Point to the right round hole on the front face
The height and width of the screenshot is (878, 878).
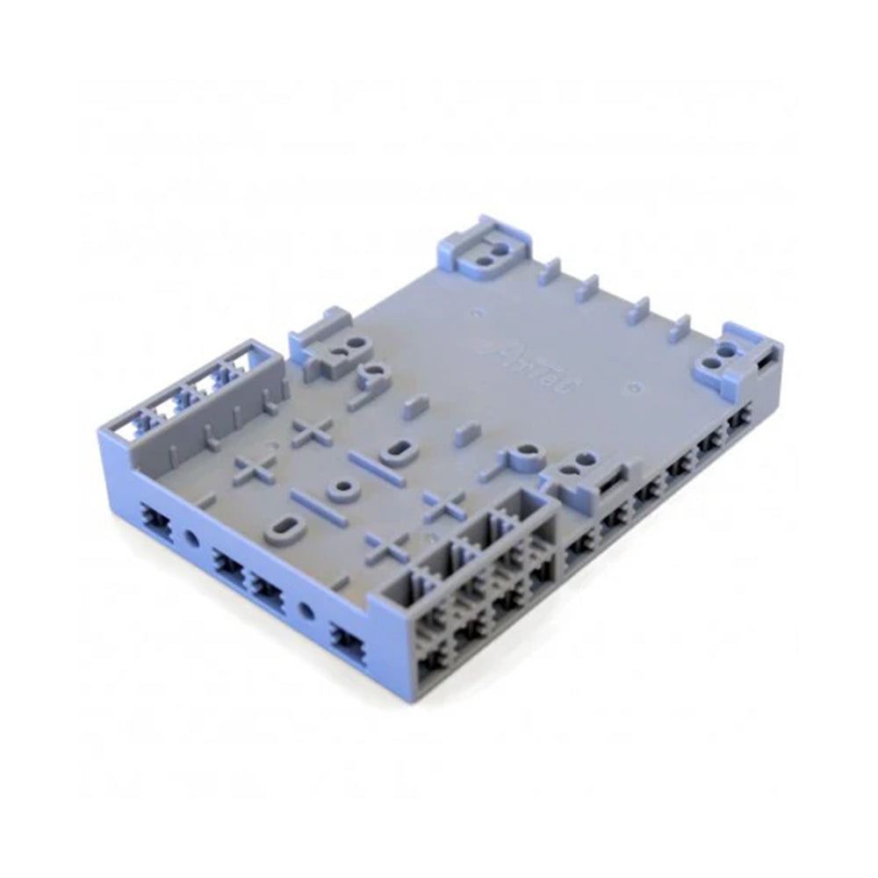point(306,610)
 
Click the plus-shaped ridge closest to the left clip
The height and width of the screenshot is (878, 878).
point(313,430)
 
